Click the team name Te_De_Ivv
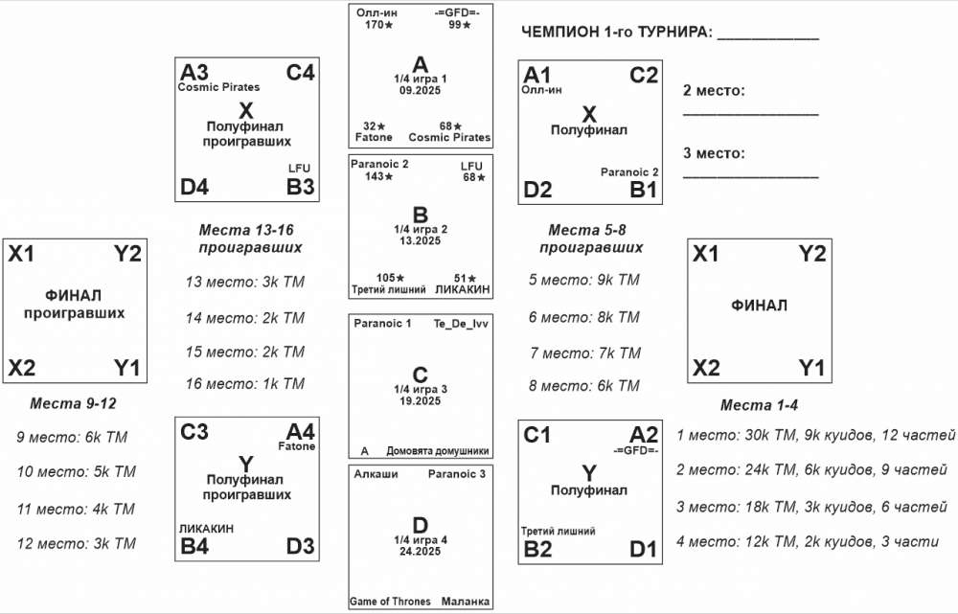pos(461,324)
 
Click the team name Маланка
pos(467,602)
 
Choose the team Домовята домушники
pos(438,450)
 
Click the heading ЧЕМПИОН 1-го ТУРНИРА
pos(617,34)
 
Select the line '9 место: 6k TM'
pos(72,438)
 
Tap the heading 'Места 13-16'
pos(250,230)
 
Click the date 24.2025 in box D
pos(422,552)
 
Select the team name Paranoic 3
pos(457,474)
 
